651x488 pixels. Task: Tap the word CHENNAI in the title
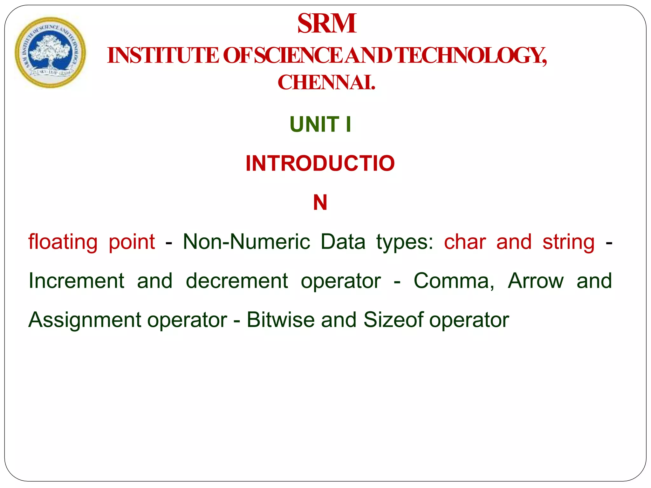pyautogui.click(x=326, y=83)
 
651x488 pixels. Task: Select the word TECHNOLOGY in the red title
pyautogui.click(x=471, y=56)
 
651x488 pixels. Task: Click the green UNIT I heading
pyautogui.click(x=320, y=124)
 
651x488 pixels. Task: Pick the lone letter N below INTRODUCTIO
pyautogui.click(x=320, y=202)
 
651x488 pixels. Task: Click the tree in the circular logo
pyautogui.click(x=49, y=51)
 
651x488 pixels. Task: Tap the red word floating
pyautogui.click(x=63, y=242)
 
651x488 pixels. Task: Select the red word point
pyautogui.click(x=132, y=242)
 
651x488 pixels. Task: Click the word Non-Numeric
pyautogui.click(x=246, y=242)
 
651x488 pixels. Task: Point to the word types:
pyautogui.click(x=405, y=242)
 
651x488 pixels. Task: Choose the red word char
pyautogui.click(x=465, y=242)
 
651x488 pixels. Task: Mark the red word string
pyautogui.click(x=568, y=242)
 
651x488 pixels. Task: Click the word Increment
pyautogui.click(x=76, y=281)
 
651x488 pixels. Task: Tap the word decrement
pyautogui.click(x=237, y=281)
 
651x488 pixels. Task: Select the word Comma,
pyautogui.click(x=454, y=281)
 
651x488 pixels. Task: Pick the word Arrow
pyautogui.click(x=536, y=281)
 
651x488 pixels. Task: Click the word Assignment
pyautogui.click(x=85, y=320)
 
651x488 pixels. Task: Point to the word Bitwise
pyautogui.click(x=280, y=320)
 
